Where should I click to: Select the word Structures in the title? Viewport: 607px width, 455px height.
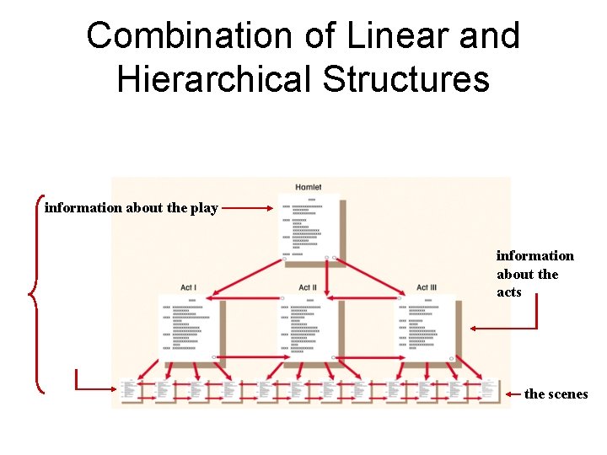pyautogui.click(x=406, y=78)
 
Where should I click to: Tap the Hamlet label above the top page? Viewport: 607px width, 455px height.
pyautogui.click(x=308, y=187)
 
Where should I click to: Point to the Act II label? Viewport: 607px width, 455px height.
pyautogui.click(x=308, y=287)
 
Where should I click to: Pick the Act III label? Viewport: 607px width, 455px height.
pyautogui.click(x=427, y=287)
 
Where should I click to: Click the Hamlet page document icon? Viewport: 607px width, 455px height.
pyautogui.click(x=309, y=227)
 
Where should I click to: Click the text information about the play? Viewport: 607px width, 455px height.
pyautogui.click(x=131, y=207)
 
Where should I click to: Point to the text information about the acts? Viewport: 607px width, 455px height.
pyautogui.click(x=534, y=274)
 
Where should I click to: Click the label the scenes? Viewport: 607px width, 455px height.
pyautogui.click(x=556, y=393)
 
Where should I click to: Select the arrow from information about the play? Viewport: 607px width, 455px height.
pyautogui.click(x=250, y=207)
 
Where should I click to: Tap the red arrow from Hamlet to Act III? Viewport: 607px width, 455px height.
pyautogui.click(x=371, y=277)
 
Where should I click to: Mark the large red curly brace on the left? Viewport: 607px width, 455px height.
pyautogui.click(x=35, y=293)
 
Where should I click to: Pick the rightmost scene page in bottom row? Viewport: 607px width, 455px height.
pyautogui.click(x=488, y=390)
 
